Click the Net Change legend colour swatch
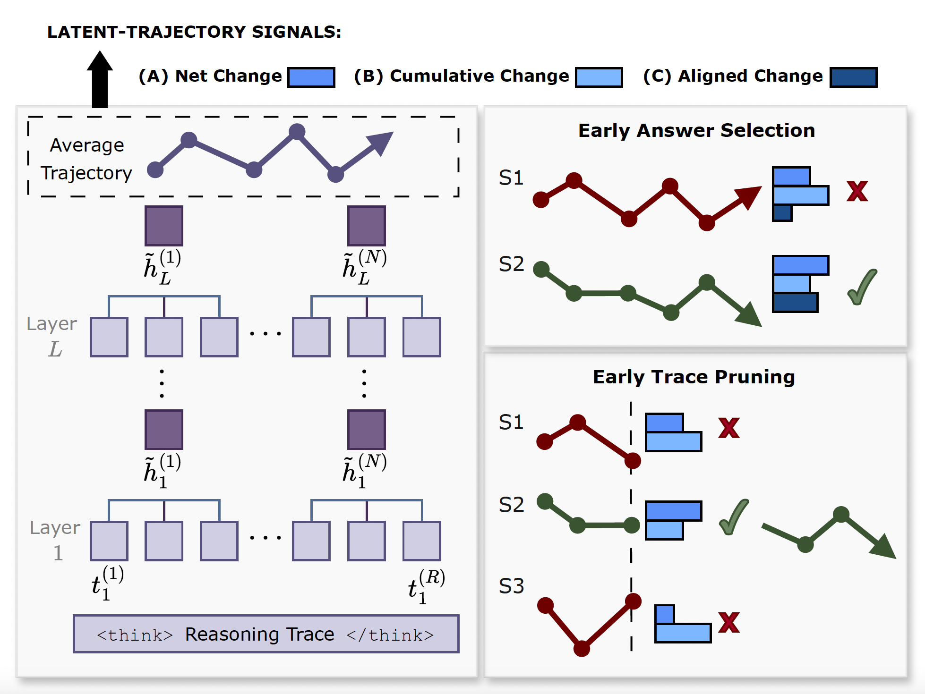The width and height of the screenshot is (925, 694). coord(311,77)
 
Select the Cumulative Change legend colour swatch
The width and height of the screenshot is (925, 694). coord(599,77)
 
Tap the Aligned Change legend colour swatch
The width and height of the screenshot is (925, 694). coord(853,77)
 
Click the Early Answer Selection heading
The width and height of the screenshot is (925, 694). coord(696,130)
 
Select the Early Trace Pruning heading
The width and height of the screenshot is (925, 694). coord(694,377)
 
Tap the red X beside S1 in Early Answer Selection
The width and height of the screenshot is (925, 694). coord(857,191)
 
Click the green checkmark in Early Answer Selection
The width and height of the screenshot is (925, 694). coord(862,287)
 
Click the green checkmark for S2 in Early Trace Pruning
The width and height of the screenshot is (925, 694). coord(733,517)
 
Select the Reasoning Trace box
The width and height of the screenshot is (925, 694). coord(266,634)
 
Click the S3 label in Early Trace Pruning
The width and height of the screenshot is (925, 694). coord(511,586)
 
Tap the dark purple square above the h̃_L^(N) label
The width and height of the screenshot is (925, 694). coord(366,226)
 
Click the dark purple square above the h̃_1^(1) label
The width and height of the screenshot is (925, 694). coord(163,430)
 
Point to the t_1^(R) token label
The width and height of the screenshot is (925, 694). coord(426,586)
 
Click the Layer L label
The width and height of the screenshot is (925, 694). coord(52,336)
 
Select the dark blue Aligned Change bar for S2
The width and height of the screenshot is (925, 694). coord(795,303)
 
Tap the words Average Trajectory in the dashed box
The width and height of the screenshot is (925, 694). coord(86,159)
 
